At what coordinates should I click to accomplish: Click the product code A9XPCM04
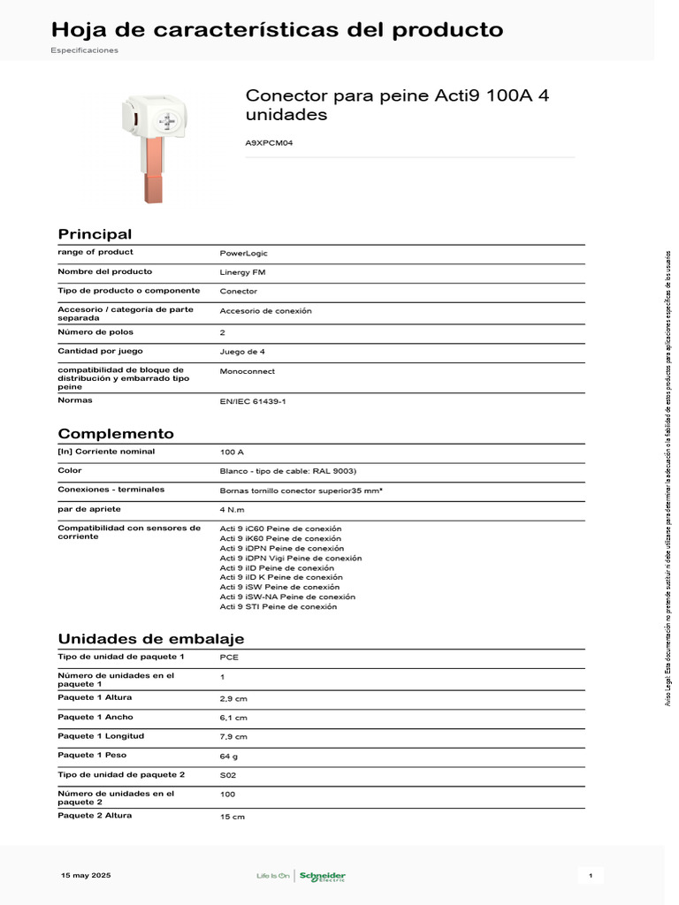point(269,141)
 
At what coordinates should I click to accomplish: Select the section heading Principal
point(95,234)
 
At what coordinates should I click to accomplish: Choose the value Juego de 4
point(242,352)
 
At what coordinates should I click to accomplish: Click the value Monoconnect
point(247,371)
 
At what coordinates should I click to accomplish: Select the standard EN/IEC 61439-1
point(254,401)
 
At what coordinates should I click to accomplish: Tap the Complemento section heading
point(116,434)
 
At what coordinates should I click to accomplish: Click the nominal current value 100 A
point(232,452)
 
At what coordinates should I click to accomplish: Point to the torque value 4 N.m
point(233,510)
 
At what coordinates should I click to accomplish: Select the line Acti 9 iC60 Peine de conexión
point(280,529)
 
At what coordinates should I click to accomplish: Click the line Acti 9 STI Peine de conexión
point(278,607)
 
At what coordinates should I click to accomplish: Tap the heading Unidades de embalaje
point(151,639)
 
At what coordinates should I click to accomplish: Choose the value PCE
point(229,658)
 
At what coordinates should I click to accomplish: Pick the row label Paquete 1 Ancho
point(95,717)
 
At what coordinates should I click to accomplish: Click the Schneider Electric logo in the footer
point(323,876)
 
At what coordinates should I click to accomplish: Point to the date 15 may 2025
point(86,875)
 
